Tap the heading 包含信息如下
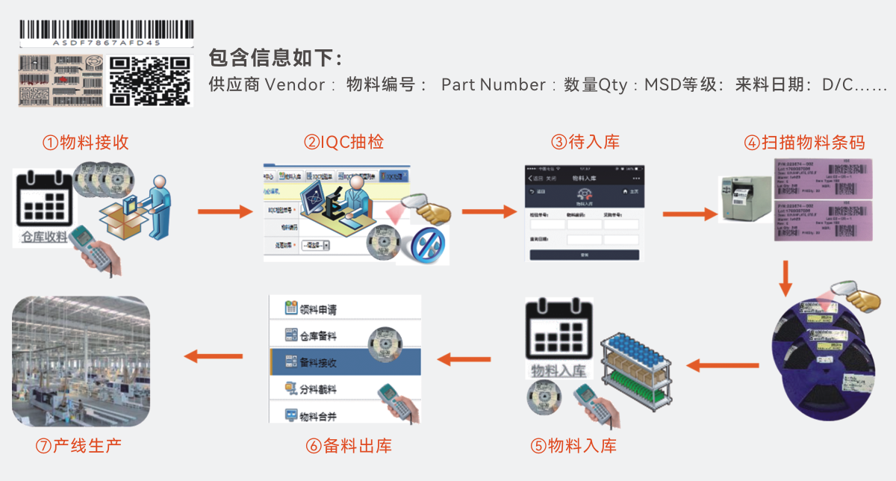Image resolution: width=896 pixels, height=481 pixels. click(276, 58)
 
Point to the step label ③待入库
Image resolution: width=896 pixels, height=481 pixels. click(585, 142)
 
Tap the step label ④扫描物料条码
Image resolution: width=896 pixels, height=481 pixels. click(804, 143)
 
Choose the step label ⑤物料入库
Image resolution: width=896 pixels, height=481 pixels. click(573, 447)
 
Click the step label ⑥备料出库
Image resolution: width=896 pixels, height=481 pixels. click(349, 447)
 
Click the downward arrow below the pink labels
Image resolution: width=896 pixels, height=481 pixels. click(785, 278)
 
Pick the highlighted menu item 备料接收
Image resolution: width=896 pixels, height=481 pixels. click(345, 362)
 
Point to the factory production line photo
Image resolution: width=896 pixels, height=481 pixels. click(81, 361)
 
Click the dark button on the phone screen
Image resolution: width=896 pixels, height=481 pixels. click(584, 255)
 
